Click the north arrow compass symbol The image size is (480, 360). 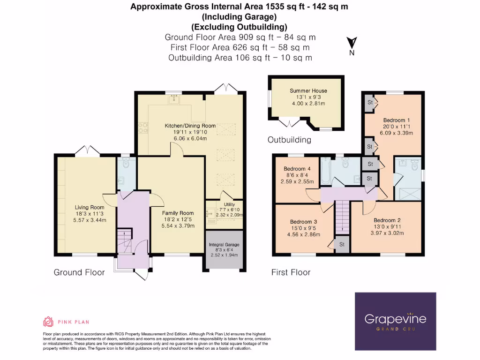click(x=352, y=43)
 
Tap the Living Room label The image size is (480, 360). click(x=90, y=207)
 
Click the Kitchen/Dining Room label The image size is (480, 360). click(x=190, y=126)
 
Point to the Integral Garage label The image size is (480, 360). click(x=224, y=245)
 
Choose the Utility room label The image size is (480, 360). click(x=229, y=204)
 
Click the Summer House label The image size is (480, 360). click(x=308, y=90)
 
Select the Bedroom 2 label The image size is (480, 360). click(x=387, y=220)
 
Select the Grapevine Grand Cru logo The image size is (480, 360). click(x=395, y=321)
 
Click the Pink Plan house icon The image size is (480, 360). click(x=48, y=322)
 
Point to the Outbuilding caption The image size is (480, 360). click(x=289, y=140)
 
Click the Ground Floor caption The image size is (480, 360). click(x=79, y=272)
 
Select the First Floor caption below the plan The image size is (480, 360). click(x=291, y=272)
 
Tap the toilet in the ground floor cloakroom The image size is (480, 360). click(x=125, y=164)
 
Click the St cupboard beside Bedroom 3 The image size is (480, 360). click(x=342, y=244)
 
